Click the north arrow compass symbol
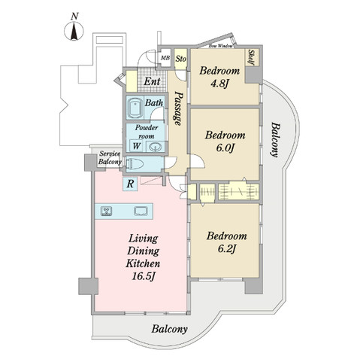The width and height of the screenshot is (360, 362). pos(74,29)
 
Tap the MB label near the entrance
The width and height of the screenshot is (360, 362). pos(165,56)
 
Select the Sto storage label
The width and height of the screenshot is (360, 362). pos(181,56)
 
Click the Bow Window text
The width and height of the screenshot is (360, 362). pos(225,46)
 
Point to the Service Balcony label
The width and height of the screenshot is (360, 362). pos(110,159)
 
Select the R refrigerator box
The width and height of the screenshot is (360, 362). pos(131,182)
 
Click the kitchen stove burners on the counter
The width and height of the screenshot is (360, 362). pos(106,211)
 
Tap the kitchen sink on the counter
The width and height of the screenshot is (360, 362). pos(140,211)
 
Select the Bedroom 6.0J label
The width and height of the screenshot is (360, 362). pos(223,143)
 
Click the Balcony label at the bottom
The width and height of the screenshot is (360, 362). pos(169,330)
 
